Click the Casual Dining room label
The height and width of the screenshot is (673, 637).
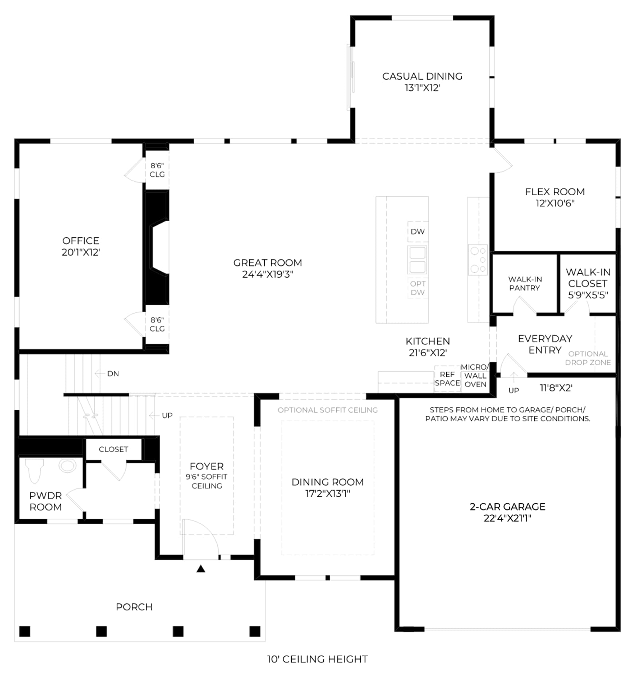click(x=422, y=76)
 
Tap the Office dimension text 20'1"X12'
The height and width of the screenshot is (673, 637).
click(x=81, y=252)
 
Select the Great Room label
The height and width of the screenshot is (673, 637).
click(x=268, y=263)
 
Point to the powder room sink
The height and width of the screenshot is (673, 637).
click(x=68, y=465)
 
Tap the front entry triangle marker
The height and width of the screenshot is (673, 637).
click(x=201, y=569)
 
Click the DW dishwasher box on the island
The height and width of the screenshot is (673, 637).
click(x=418, y=231)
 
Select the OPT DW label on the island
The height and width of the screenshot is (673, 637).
click(x=418, y=288)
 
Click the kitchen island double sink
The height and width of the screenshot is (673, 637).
click(x=417, y=260)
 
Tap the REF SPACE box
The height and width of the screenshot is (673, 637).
click(x=447, y=379)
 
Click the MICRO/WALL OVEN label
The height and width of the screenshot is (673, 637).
click(x=475, y=375)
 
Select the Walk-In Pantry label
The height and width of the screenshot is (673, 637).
click(x=525, y=284)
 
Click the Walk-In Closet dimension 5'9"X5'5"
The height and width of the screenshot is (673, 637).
click(x=588, y=295)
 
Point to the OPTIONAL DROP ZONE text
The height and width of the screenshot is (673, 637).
click(x=588, y=358)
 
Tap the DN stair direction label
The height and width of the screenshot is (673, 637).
click(x=113, y=373)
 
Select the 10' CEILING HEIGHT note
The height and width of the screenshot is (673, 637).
click(x=317, y=659)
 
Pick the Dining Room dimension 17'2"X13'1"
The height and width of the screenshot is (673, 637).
click(x=327, y=494)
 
